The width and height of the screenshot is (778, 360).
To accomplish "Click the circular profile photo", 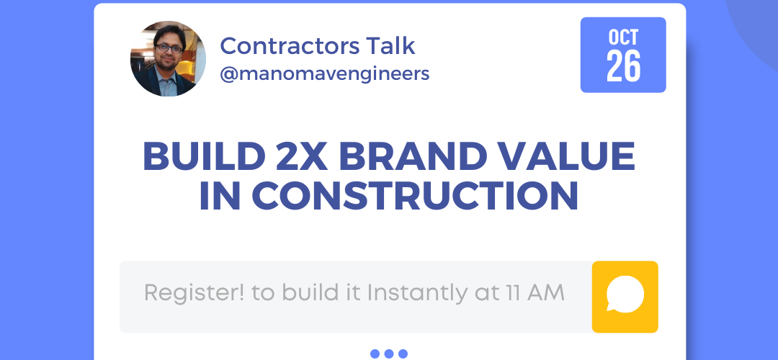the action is point(168,58).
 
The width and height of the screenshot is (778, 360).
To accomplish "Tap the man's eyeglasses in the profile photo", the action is point(169,48).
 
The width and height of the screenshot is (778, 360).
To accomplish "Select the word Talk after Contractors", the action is point(390,45).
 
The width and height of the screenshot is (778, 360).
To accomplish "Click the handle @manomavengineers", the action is point(324,74).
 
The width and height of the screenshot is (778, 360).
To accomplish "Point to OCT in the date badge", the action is point(623,37).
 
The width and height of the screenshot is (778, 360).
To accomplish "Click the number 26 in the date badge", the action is point(623,66).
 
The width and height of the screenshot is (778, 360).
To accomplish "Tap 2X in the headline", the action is point(302,157).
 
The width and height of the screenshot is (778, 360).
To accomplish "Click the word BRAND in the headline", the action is point(413,157).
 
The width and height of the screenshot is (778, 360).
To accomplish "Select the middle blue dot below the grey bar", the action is point(389,354).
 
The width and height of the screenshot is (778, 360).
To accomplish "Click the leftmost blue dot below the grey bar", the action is point(375,354).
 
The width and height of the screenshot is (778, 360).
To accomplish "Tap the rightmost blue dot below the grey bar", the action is point(403,354).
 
